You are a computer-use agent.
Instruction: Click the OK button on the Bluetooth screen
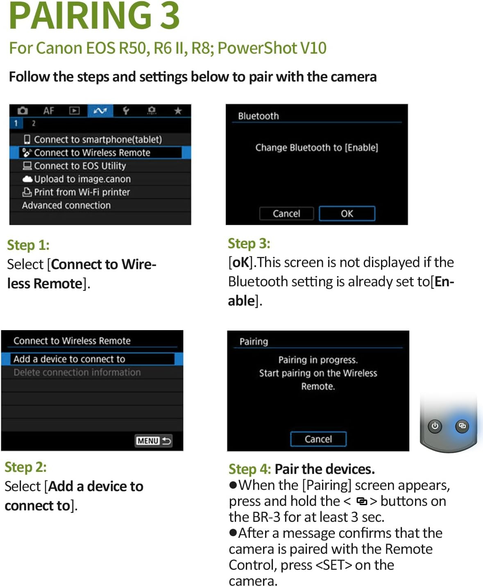(x=347, y=213)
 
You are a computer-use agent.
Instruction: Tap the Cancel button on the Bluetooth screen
(x=286, y=213)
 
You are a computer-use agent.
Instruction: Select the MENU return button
(x=154, y=441)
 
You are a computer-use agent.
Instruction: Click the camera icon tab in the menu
(x=23, y=111)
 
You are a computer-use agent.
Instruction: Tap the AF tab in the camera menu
(x=49, y=111)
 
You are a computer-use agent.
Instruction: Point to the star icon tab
(x=178, y=111)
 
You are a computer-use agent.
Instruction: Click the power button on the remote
(x=435, y=426)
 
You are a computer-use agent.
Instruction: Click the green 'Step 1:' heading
(x=28, y=245)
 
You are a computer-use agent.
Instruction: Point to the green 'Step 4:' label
(x=250, y=469)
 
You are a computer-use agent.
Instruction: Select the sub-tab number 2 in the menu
(x=34, y=123)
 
